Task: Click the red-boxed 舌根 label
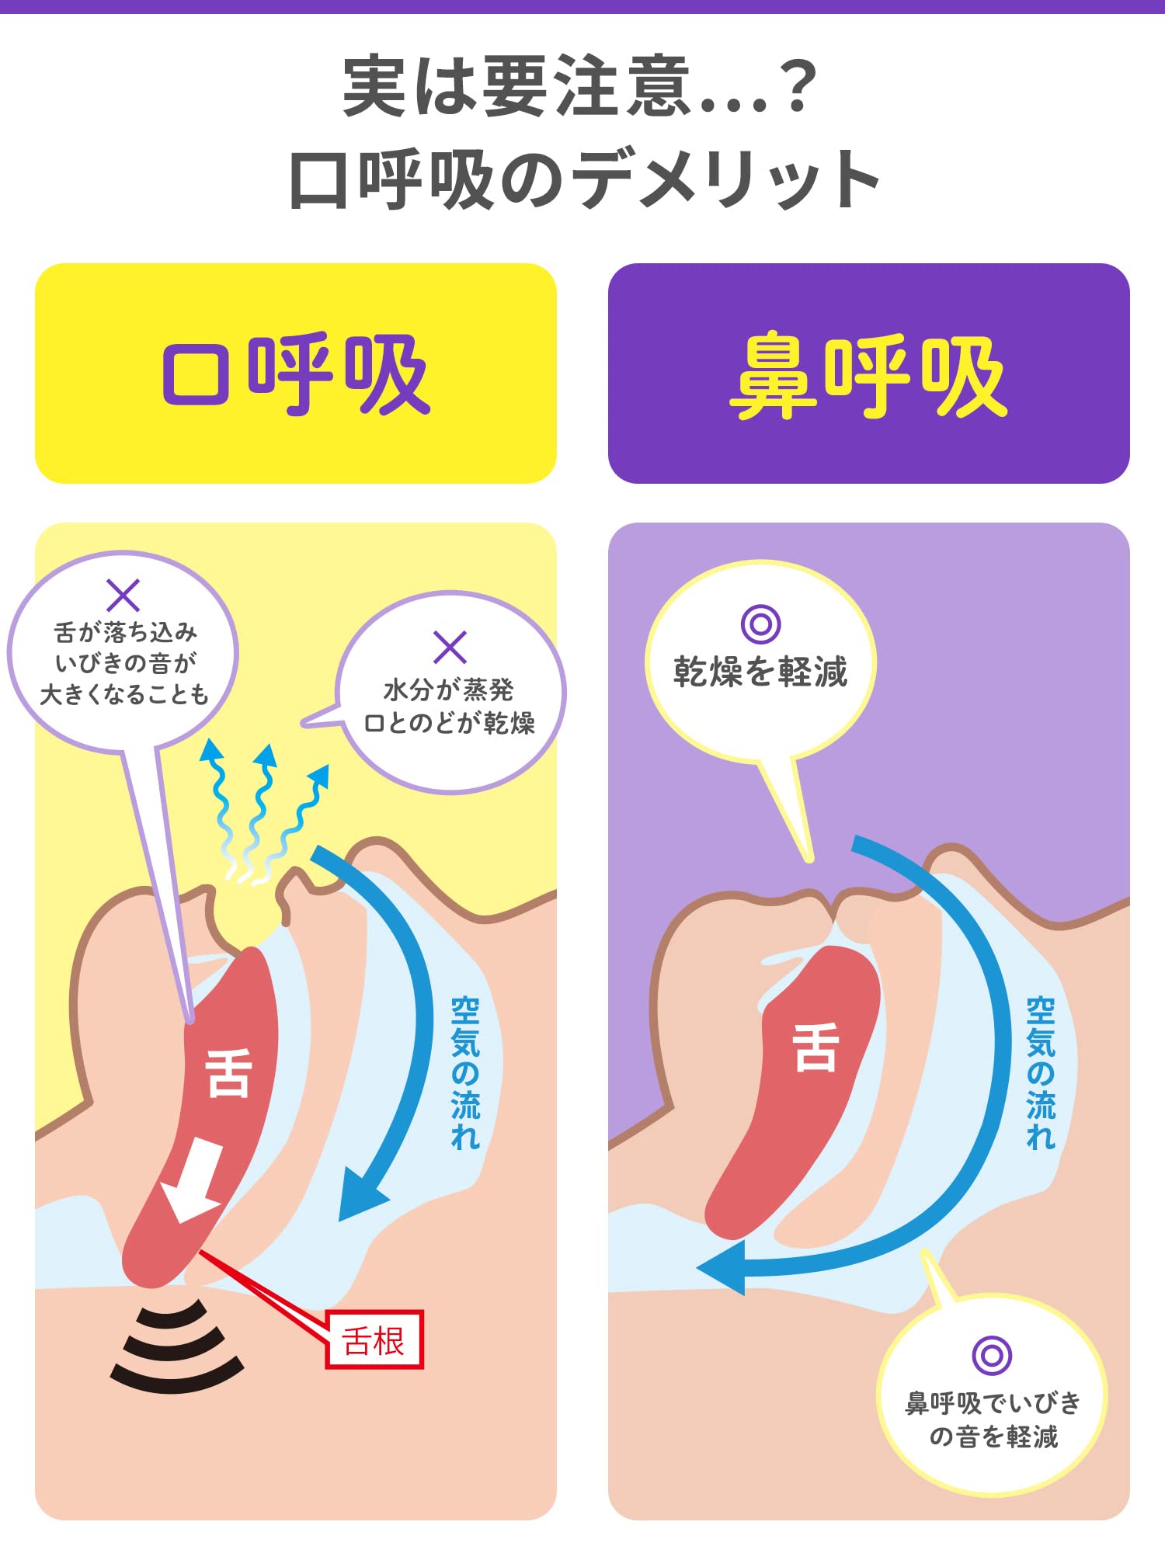pyautogui.click(x=374, y=1339)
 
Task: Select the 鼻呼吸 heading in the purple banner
pyautogui.click(x=868, y=376)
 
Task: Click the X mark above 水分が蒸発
pyautogui.click(x=450, y=647)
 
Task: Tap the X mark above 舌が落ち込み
pyautogui.click(x=123, y=596)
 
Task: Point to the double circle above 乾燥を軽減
pyautogui.click(x=760, y=624)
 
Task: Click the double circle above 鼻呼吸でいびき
pyautogui.click(x=992, y=1355)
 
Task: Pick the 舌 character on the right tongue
pyautogui.click(x=815, y=1047)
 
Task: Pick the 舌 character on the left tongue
pyautogui.click(x=228, y=1072)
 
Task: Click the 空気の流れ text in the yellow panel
pyautogui.click(x=465, y=1072)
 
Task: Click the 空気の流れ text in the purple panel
pyautogui.click(x=1040, y=1072)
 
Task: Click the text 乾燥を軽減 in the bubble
pyautogui.click(x=760, y=672)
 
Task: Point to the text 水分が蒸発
pyautogui.click(x=449, y=690)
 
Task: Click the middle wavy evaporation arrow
pyautogui.click(x=259, y=808)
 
